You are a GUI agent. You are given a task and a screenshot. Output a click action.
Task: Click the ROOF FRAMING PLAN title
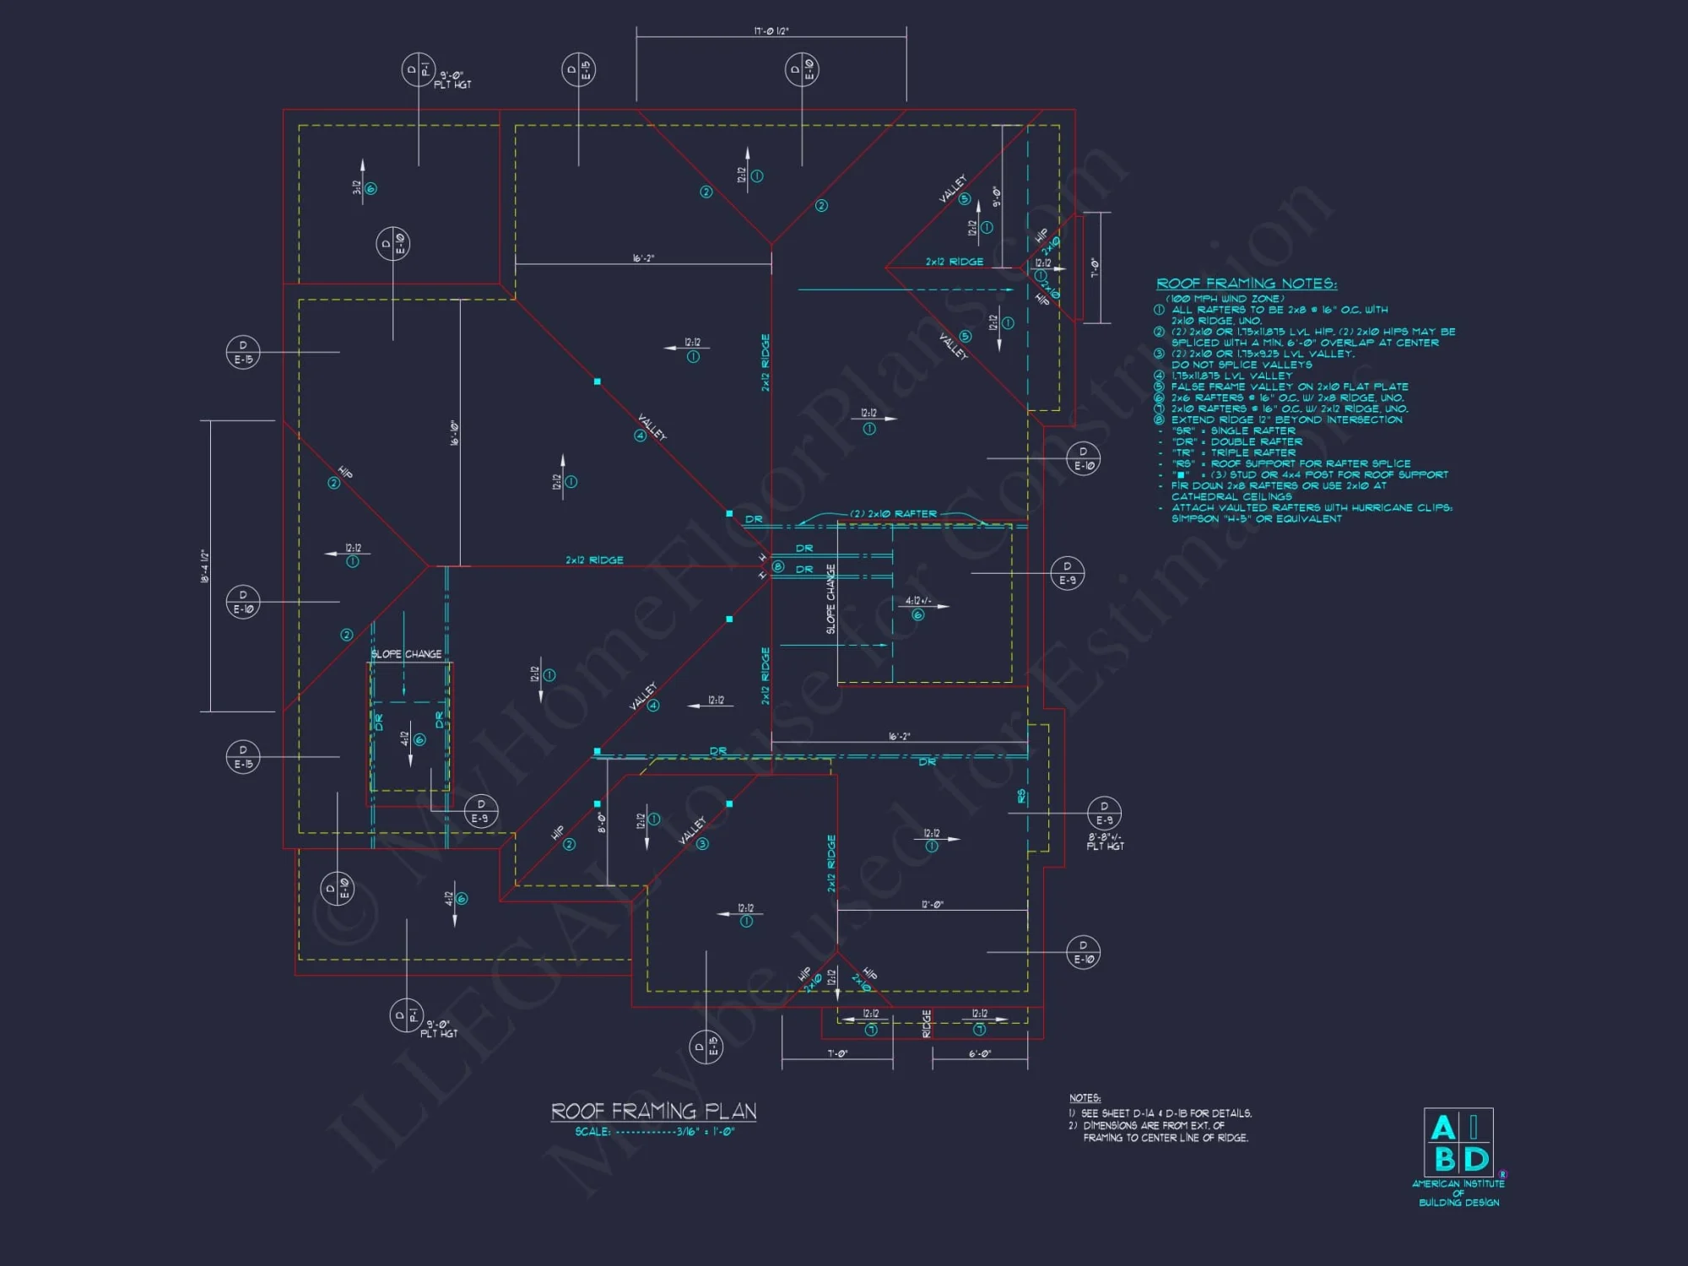pos(653,1111)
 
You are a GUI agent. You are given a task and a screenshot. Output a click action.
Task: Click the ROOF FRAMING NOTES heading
pos(1246,284)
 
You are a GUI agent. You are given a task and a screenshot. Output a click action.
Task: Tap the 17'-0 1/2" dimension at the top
pos(771,31)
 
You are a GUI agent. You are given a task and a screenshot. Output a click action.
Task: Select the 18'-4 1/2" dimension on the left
pos(204,565)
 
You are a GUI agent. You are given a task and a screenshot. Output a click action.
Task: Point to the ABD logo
pos(1458,1143)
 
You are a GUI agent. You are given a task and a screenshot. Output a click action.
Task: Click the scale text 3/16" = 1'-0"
pos(705,1132)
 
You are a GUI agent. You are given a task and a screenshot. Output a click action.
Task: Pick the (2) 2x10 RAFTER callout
pos(893,513)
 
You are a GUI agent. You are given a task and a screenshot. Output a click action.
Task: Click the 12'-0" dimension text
pos(932,904)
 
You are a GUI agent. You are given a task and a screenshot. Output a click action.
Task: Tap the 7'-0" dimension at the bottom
pos(836,1053)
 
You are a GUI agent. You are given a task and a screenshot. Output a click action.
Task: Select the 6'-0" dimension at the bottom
pos(979,1053)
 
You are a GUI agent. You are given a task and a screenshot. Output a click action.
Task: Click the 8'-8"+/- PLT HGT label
pos(1105,841)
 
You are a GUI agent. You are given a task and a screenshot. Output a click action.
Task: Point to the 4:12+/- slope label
pos(918,601)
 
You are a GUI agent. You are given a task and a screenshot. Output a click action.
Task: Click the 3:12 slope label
pos(357,187)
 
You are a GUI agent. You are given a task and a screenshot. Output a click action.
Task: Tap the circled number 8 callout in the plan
pos(778,566)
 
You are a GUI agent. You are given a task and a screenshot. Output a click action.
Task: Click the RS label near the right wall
pos(1021,796)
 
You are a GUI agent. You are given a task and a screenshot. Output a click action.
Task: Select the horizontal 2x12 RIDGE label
pos(594,560)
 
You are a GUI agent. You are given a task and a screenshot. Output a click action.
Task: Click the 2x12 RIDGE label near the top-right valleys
pos(954,262)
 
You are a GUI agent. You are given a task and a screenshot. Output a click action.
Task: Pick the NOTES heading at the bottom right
pos(1085,1098)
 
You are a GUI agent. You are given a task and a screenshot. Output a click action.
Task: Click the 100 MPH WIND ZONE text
pos(1225,298)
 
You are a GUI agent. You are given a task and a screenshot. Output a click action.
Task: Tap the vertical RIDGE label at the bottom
pos(927,1024)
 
